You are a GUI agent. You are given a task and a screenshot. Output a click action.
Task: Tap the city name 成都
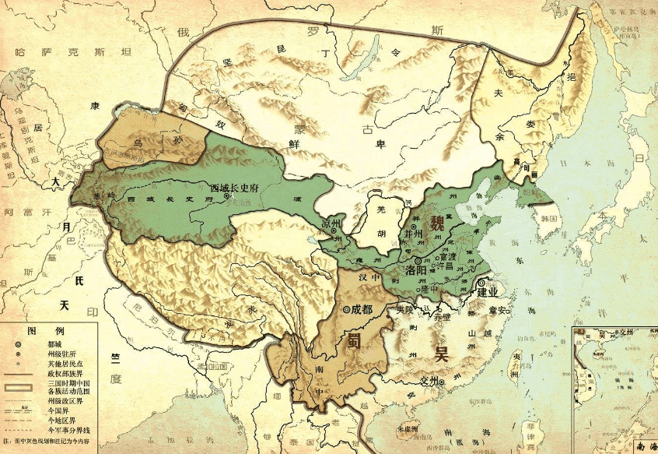[x=363, y=308]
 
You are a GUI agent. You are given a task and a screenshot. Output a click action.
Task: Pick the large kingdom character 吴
[x=442, y=354]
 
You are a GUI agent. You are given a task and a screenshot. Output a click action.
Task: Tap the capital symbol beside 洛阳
[x=418, y=260]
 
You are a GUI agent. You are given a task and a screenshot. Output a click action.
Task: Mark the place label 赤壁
[x=442, y=319]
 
